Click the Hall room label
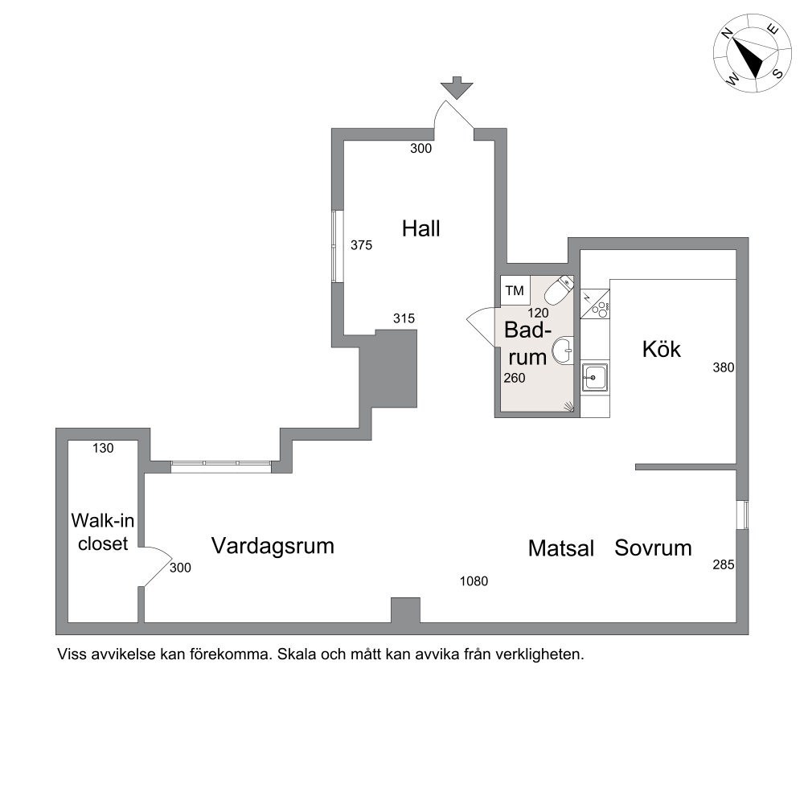421,228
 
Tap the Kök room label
662,349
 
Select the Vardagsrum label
273,546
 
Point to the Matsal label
561,548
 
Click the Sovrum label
653,548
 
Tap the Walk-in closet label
103,531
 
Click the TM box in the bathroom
515,291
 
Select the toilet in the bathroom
558,290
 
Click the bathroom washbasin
563,351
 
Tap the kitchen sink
595,377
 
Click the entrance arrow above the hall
457,87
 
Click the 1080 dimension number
474,581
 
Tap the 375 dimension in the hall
361,245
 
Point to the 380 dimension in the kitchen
724,367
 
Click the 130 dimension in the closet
103,448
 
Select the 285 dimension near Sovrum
724,564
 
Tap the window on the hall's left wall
337,246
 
